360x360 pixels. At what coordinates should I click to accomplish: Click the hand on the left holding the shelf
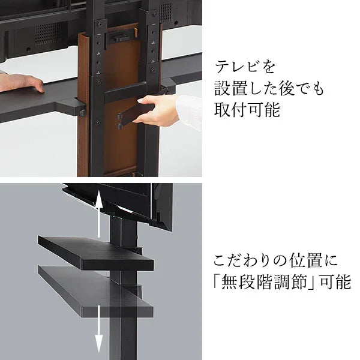pos(21,83)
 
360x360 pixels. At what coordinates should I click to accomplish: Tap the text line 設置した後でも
pos(269,89)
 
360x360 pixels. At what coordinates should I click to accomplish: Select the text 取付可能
pos(247,111)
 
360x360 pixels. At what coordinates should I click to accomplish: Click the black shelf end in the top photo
pos(72,105)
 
